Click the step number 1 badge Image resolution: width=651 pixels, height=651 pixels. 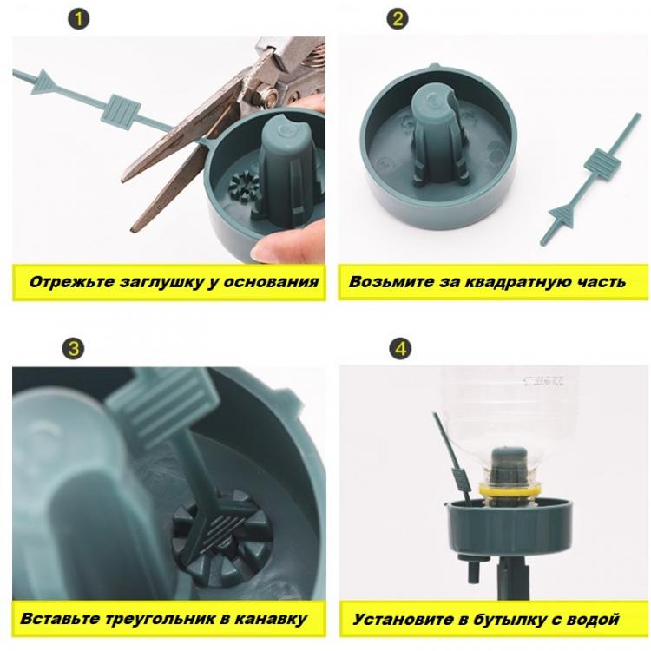pyautogui.click(x=78, y=19)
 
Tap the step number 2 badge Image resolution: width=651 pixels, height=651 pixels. pyautogui.click(x=398, y=19)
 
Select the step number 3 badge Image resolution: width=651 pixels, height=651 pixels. pyautogui.click(x=73, y=348)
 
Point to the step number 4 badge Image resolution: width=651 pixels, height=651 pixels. pyautogui.click(x=400, y=348)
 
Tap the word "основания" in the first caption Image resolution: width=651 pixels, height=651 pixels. pyautogui.click(x=271, y=282)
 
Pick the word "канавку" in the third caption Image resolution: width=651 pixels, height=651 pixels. pyautogui.click(x=271, y=619)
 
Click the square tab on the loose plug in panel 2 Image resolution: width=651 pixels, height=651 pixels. pyautogui.click(x=602, y=162)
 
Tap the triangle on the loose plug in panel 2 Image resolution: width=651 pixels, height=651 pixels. pyautogui.click(x=562, y=215)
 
